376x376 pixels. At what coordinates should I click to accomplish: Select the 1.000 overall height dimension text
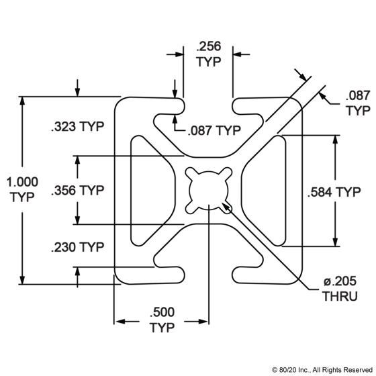click(x=21, y=182)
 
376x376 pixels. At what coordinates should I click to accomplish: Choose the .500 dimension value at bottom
click(x=161, y=312)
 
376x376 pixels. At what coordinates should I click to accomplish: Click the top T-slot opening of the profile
click(x=208, y=111)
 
